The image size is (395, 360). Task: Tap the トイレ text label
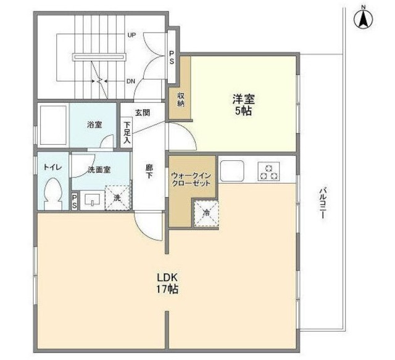tap(51, 166)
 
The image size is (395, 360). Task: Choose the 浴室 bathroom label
tap(94, 125)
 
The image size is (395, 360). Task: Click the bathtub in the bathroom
tap(52, 125)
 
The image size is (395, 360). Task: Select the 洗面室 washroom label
tap(99, 170)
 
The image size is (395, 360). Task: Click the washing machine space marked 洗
tap(117, 198)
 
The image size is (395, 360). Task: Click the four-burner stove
tap(268, 171)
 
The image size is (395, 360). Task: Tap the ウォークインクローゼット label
tap(191, 179)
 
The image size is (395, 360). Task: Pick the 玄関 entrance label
tap(143, 112)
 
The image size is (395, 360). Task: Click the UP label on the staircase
tap(131, 35)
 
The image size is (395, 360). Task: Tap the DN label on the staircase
tap(131, 80)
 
